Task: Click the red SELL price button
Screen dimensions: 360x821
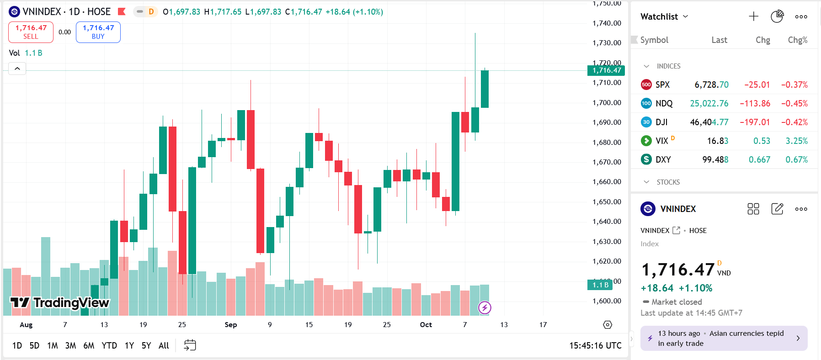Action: point(31,32)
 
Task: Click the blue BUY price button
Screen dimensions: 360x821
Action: point(98,32)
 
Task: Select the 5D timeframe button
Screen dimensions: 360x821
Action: point(34,345)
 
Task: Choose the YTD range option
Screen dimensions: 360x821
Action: point(109,345)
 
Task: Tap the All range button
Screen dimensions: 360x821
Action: point(164,345)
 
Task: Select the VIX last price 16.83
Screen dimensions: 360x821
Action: point(717,141)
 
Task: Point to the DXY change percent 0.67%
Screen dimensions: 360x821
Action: point(796,159)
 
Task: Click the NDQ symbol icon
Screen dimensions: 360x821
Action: point(646,103)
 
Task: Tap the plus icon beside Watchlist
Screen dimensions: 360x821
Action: point(753,16)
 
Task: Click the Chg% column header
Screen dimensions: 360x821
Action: point(797,40)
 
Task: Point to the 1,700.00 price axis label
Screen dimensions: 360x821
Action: point(607,102)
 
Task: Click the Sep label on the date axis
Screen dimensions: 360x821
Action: point(231,324)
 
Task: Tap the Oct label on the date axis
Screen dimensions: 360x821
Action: point(426,324)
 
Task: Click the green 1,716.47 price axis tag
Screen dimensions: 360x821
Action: point(606,70)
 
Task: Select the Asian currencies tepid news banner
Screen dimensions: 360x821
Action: point(724,338)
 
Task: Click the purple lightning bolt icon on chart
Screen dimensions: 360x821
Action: point(485,307)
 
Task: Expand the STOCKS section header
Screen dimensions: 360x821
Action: point(668,182)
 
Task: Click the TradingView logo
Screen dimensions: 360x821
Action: point(60,302)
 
